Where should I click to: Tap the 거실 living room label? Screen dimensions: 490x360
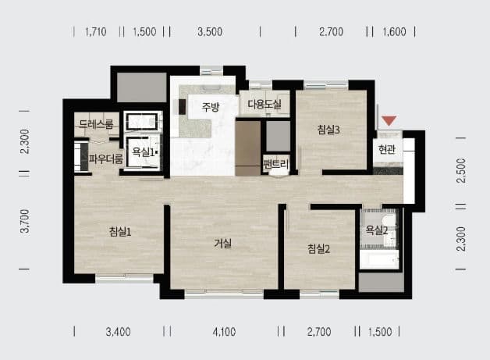pos(223,244)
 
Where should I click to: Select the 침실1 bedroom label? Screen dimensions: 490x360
pos(120,232)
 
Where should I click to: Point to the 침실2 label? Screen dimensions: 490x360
pos(319,249)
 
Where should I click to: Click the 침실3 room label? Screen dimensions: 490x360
pos(328,130)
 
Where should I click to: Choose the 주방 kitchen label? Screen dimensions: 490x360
pos(211,107)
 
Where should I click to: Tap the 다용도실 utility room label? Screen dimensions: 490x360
pos(265,104)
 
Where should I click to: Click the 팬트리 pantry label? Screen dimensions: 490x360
pos(275,163)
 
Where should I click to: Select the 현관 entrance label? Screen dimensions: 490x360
pos(387,149)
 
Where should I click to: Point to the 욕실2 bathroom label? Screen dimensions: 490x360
pos(377,230)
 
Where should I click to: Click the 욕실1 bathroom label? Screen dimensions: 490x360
pos(144,152)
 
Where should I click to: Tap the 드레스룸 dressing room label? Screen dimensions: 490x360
pos(96,124)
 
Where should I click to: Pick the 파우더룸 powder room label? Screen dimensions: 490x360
pos(106,159)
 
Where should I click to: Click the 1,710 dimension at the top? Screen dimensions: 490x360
pos(96,31)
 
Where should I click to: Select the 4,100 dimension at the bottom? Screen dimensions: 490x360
pos(224,332)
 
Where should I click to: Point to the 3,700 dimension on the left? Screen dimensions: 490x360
pos(24,221)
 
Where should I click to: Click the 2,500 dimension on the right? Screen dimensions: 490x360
pos(461,171)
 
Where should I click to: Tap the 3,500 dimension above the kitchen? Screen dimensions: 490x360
pos(210,31)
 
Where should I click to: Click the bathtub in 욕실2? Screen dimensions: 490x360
pos(379,259)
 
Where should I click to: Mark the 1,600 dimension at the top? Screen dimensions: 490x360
pos(394,31)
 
